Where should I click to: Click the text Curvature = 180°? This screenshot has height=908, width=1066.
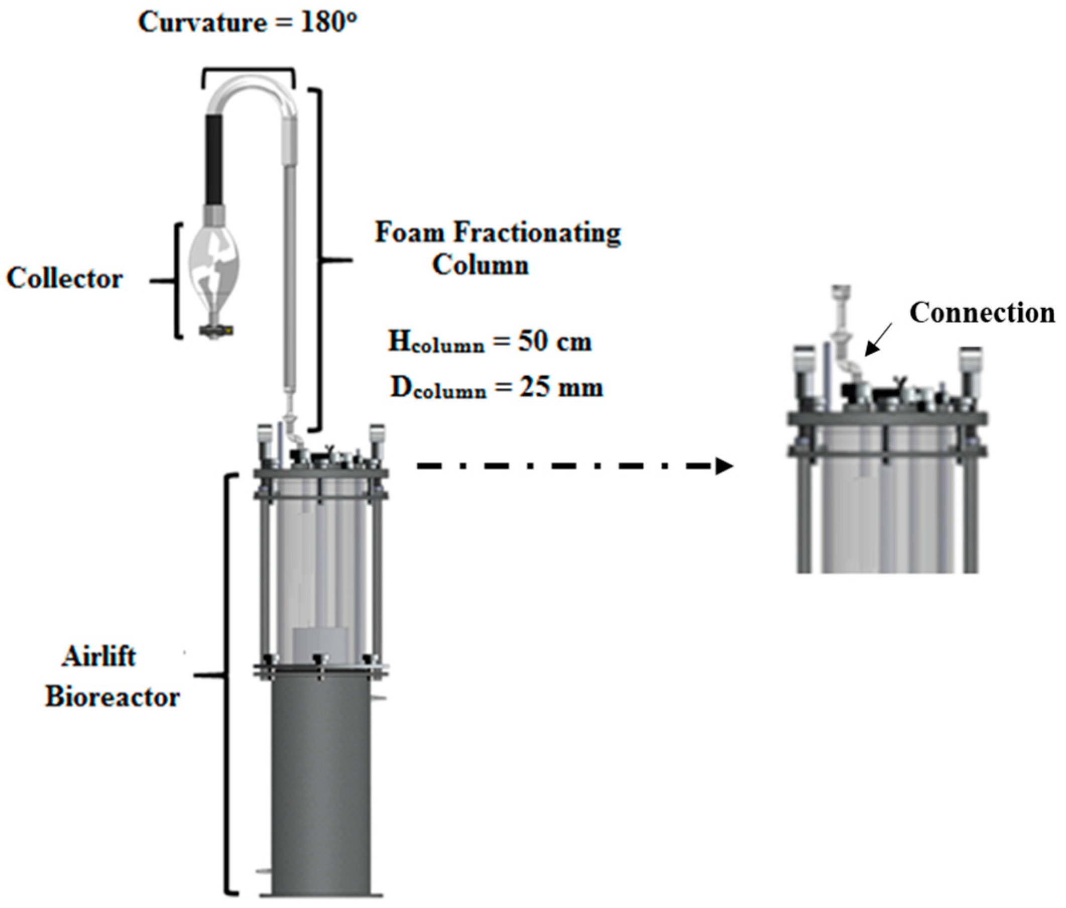pos(248,23)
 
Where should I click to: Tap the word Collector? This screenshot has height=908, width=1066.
pos(65,278)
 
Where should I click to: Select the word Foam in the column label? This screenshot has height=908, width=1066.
pos(409,232)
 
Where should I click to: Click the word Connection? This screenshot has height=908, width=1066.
pos(982,313)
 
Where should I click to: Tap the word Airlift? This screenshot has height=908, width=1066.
pos(99,657)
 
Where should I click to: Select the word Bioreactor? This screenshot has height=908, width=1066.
pos(112,697)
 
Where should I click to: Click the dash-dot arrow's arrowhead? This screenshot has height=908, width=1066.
pos(725,466)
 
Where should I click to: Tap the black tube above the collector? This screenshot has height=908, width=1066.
pos(214,160)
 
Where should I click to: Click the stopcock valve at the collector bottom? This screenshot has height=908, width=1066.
pos(216,330)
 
